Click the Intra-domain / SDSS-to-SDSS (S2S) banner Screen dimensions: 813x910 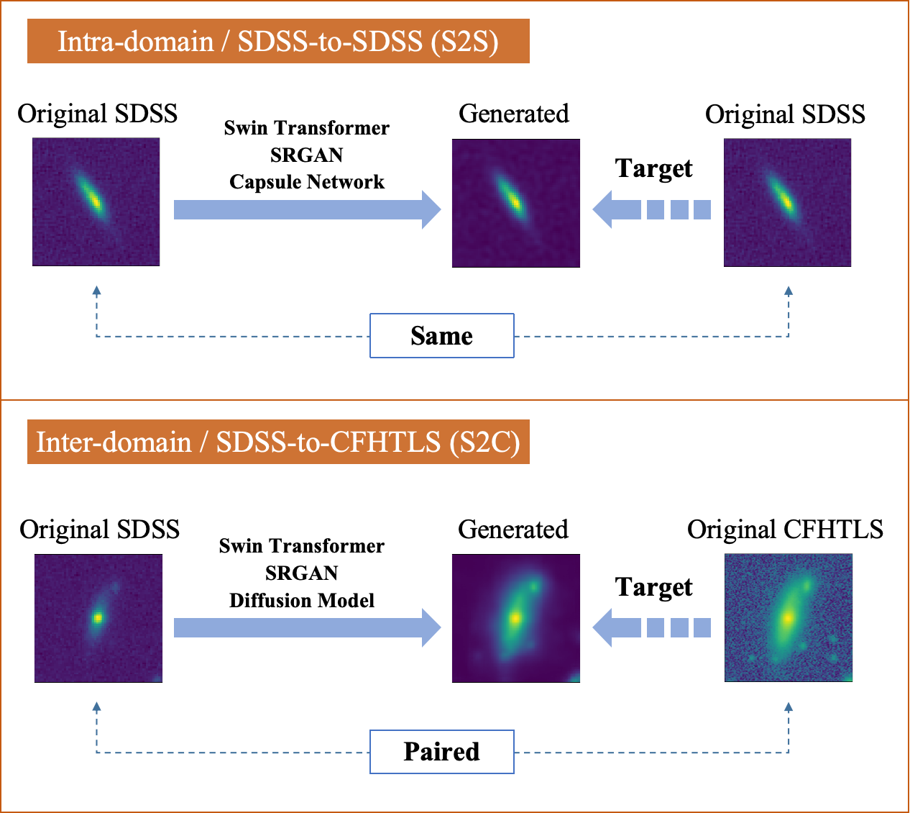click(x=278, y=42)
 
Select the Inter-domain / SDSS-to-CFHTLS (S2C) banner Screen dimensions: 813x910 click(x=278, y=442)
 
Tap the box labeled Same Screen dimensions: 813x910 click(x=441, y=336)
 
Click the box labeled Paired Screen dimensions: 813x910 click(x=441, y=752)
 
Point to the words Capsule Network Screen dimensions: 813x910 click(x=307, y=182)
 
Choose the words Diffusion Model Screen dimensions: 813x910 click(x=302, y=601)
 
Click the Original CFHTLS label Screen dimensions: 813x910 click(x=785, y=530)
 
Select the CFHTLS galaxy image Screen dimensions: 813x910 click(x=788, y=618)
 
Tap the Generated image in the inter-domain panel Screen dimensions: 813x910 click(x=515, y=618)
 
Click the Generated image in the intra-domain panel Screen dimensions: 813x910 click(x=515, y=203)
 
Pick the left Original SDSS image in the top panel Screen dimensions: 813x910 click(x=96, y=202)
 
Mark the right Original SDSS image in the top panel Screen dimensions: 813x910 click(x=787, y=203)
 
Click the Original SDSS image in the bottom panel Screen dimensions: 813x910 click(x=98, y=618)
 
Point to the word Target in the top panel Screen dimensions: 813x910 click(x=653, y=168)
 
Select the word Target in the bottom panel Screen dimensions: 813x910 click(x=653, y=587)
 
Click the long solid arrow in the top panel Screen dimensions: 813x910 click(x=307, y=209)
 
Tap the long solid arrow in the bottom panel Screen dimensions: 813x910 click(x=307, y=627)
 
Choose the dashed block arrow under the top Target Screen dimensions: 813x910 click(x=651, y=209)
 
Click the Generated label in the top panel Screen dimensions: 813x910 click(x=513, y=114)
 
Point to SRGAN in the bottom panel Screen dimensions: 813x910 click(x=302, y=573)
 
